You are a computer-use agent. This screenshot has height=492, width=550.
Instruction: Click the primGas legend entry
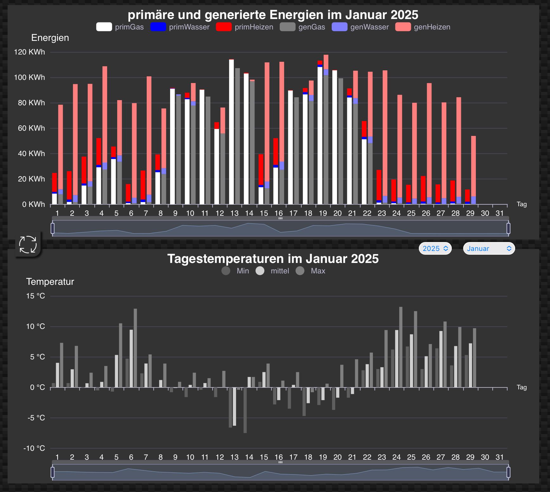(120, 27)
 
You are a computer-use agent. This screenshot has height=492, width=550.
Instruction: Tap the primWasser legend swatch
(158, 27)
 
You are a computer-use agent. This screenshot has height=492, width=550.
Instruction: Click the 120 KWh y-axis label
(29, 52)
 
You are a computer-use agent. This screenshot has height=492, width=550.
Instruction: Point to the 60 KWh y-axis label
(31, 128)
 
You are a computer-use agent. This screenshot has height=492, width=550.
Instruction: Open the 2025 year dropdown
(435, 248)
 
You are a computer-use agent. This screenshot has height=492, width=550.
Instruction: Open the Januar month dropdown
(489, 248)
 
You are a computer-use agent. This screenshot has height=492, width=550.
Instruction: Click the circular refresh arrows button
(28, 245)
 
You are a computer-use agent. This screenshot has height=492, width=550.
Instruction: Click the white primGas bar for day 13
(232, 133)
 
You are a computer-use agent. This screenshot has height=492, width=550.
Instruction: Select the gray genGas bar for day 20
(341, 143)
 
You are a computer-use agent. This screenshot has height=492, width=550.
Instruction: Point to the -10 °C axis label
(34, 448)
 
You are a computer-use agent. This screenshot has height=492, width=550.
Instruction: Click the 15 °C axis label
(35, 296)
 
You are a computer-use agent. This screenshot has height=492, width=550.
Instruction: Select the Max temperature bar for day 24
(401, 347)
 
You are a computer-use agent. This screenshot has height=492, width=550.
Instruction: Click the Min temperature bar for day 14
(245, 410)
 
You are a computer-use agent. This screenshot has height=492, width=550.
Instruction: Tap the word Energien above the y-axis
(50, 38)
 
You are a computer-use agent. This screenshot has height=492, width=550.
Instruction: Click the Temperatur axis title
(50, 282)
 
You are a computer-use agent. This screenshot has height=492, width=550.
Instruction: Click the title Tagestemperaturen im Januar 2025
(273, 259)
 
